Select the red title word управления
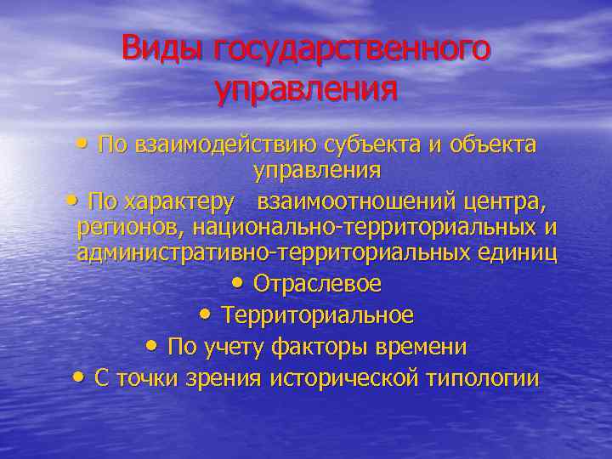click(306, 88)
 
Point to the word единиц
click(522, 253)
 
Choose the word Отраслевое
click(318, 283)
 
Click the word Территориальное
click(318, 315)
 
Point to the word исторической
click(343, 379)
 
